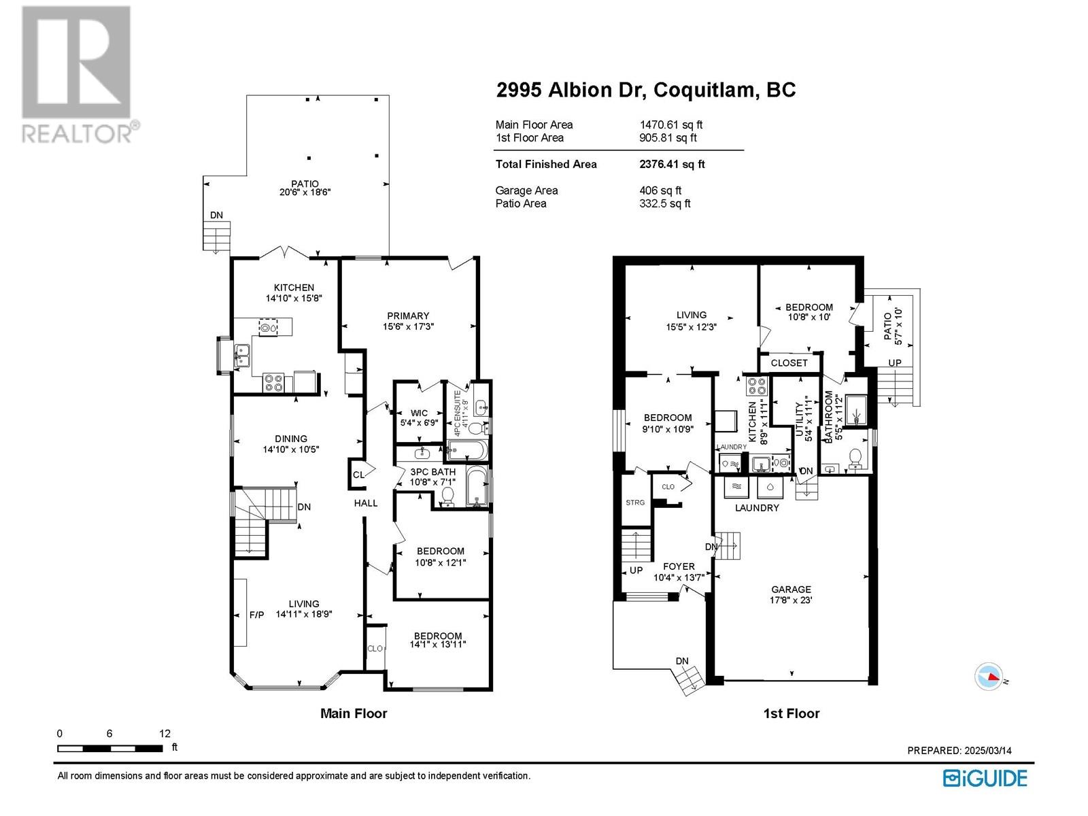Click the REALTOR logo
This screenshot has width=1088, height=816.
(x=80, y=74)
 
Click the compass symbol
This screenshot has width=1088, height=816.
(x=989, y=677)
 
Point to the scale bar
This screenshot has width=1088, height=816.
(x=110, y=749)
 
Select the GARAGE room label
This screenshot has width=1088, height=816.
(x=791, y=589)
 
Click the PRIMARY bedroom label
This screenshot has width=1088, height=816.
(x=408, y=316)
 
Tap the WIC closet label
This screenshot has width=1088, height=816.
(x=419, y=413)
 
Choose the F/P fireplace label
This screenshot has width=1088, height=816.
(x=256, y=615)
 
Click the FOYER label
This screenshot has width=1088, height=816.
(x=679, y=566)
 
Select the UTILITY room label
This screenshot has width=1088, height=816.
(x=798, y=419)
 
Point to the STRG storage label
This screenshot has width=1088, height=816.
(x=635, y=503)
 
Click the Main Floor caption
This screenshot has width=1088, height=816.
(x=354, y=713)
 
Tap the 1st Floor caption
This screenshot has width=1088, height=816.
(x=791, y=713)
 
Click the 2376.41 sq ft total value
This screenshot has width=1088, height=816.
(x=672, y=164)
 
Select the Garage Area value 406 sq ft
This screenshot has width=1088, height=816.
(x=660, y=190)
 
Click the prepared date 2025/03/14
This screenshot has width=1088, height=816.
(x=984, y=751)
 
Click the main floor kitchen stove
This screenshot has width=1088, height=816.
(x=273, y=382)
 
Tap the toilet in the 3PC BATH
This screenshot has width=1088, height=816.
(x=447, y=496)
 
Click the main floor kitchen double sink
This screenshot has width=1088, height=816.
(x=242, y=355)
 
